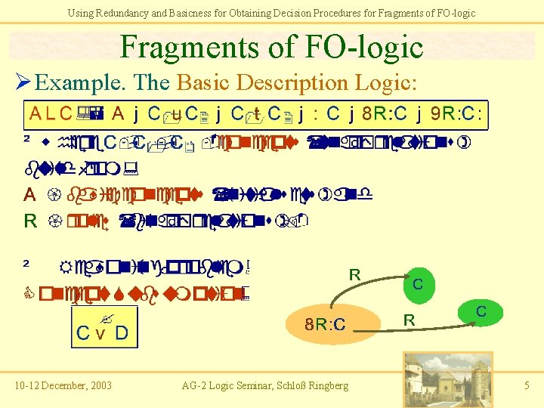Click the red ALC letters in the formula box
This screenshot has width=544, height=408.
point(51,115)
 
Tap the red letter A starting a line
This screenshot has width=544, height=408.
point(29,195)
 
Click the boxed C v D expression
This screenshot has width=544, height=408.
point(102,332)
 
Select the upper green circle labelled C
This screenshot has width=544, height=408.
point(418,283)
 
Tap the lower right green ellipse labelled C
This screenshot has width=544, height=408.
point(481,312)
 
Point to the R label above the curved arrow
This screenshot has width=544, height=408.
point(354,275)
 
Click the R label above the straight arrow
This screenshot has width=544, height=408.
point(409,320)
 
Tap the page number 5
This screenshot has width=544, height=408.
point(527,386)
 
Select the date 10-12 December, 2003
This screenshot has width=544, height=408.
point(63,386)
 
